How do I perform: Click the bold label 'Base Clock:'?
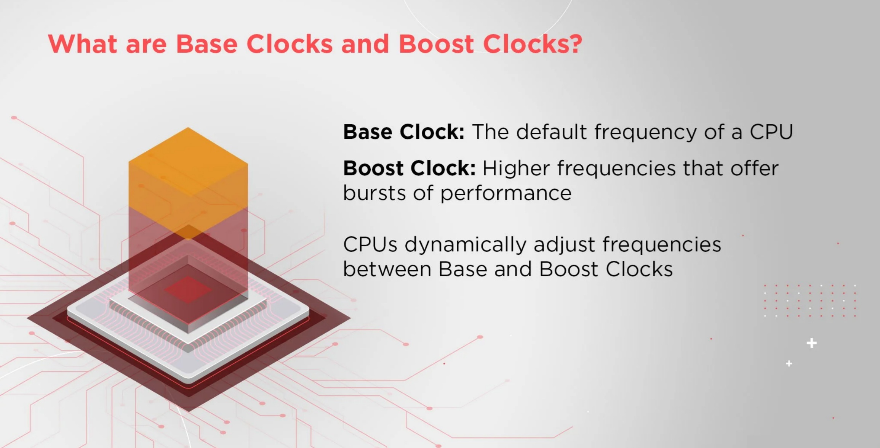point(404,132)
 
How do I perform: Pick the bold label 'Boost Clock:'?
point(410,168)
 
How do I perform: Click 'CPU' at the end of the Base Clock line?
point(771,132)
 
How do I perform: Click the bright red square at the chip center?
point(188,289)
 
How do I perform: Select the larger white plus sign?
point(812,343)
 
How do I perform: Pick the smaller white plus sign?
point(789,363)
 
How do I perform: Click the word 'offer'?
point(754,168)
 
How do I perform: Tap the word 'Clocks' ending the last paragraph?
point(639,269)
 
